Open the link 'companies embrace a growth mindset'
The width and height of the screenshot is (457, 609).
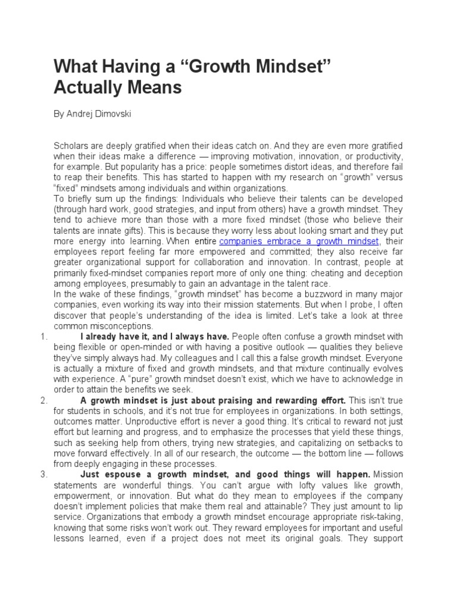(299, 241)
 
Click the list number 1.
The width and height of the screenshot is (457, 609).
(43, 337)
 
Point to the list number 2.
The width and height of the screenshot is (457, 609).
(43, 400)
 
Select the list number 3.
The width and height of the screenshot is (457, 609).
(43, 474)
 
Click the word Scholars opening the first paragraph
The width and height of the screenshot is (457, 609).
(70, 146)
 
